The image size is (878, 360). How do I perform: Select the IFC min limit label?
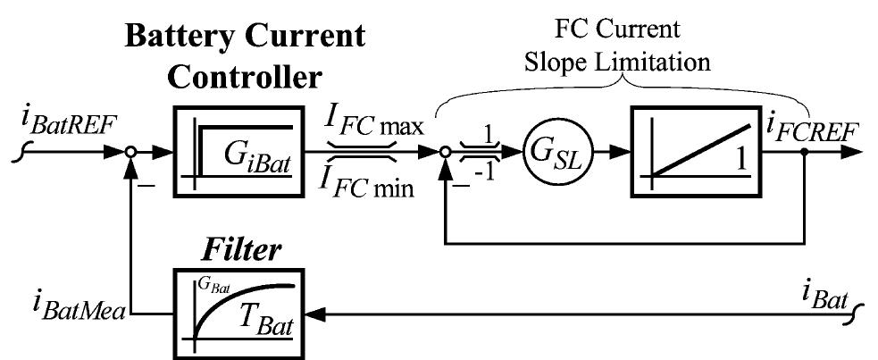375,184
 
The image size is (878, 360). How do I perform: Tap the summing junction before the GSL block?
445,153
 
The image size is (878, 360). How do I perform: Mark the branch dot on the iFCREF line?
806,153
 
